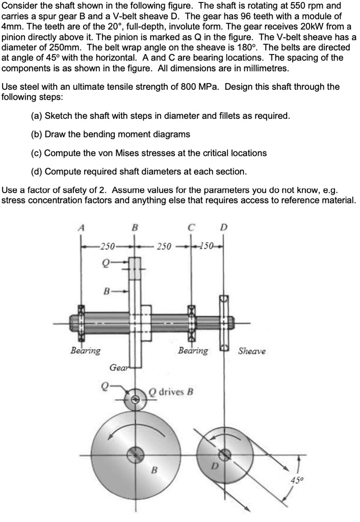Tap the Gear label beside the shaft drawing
point(118,368)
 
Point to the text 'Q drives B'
point(171,392)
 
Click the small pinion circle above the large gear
point(136,399)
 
